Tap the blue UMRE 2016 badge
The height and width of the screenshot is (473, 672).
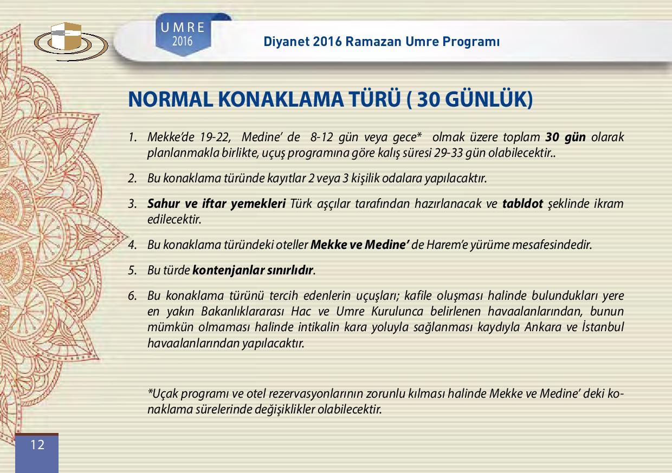pyautogui.click(x=183, y=35)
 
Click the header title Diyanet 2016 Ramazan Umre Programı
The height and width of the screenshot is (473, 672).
pyautogui.click(x=382, y=42)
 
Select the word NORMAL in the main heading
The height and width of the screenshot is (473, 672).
pyautogui.click(x=170, y=99)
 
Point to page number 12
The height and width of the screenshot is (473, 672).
pyautogui.click(x=37, y=445)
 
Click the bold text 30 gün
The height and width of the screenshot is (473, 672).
pyautogui.click(x=565, y=137)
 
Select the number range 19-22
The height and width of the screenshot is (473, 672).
pyautogui.click(x=215, y=137)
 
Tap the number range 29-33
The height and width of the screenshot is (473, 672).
pyautogui.click(x=448, y=153)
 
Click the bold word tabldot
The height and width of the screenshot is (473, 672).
pyautogui.click(x=522, y=203)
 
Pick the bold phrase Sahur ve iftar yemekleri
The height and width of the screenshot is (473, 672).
pyautogui.click(x=216, y=204)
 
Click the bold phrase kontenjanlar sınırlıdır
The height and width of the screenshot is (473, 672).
pyautogui.click(x=253, y=270)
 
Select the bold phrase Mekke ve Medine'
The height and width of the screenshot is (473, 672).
pyautogui.click(x=360, y=245)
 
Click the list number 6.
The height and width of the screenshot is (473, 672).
pyautogui.click(x=132, y=296)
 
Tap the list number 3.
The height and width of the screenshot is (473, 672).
pyautogui.click(x=132, y=204)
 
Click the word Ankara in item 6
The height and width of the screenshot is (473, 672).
pyautogui.click(x=542, y=327)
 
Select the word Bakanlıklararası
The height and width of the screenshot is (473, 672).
pyautogui.click(x=242, y=312)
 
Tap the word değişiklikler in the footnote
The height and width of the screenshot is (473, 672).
pyautogui.click(x=285, y=410)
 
